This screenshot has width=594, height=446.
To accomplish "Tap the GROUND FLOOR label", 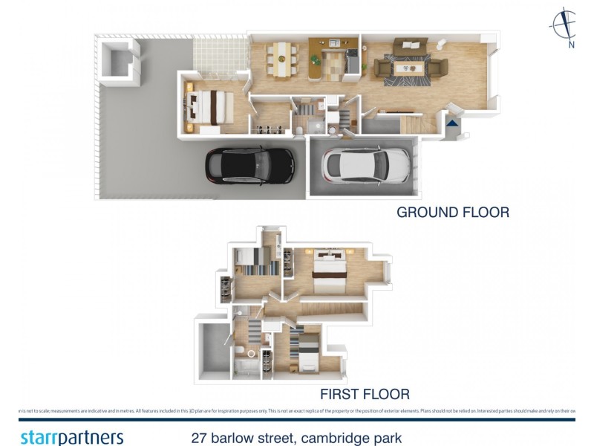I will [453, 213].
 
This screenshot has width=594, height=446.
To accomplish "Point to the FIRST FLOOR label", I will [365, 394].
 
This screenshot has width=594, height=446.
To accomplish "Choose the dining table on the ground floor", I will [281, 58].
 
